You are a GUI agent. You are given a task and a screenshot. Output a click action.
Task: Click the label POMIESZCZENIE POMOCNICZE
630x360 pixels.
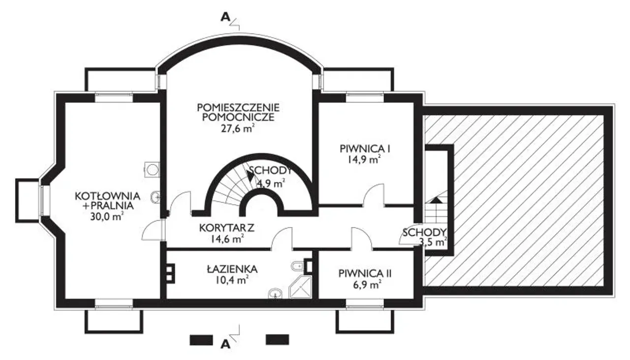[x=238, y=112]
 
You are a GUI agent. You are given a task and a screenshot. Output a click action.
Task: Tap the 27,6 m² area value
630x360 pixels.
[x=238, y=129]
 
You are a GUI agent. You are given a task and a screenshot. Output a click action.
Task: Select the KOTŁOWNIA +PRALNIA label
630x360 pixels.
[x=108, y=201]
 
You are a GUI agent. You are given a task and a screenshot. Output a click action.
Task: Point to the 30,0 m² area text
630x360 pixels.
[x=107, y=217]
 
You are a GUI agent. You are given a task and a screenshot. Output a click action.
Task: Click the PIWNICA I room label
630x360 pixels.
[x=365, y=149]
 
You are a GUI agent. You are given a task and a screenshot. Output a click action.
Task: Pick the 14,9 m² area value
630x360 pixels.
[x=364, y=160]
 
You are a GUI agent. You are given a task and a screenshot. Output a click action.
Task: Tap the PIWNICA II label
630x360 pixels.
[x=365, y=274]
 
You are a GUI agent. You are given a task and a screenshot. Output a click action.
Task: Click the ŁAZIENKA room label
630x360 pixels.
[x=232, y=269]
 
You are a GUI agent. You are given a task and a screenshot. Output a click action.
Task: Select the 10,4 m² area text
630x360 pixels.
[x=232, y=280]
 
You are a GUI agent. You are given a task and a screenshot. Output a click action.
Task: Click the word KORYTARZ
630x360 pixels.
[x=227, y=228]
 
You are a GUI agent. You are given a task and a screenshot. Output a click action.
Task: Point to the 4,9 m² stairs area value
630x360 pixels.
[x=271, y=184]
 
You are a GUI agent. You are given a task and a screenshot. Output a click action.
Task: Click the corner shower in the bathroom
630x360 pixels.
[x=301, y=287]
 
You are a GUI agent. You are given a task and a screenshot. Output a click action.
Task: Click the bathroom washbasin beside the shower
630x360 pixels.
[x=275, y=294]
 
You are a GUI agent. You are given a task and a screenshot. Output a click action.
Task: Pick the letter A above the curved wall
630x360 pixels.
[x=225, y=17]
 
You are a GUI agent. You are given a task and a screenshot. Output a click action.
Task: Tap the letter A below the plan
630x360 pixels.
[x=225, y=344]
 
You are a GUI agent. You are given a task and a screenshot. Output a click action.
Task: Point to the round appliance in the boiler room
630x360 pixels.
[x=152, y=170]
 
